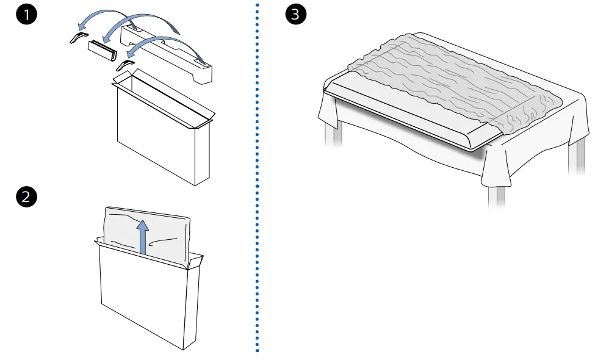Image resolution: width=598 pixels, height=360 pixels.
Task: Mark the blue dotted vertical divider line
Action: pyautogui.click(x=257, y=183)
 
